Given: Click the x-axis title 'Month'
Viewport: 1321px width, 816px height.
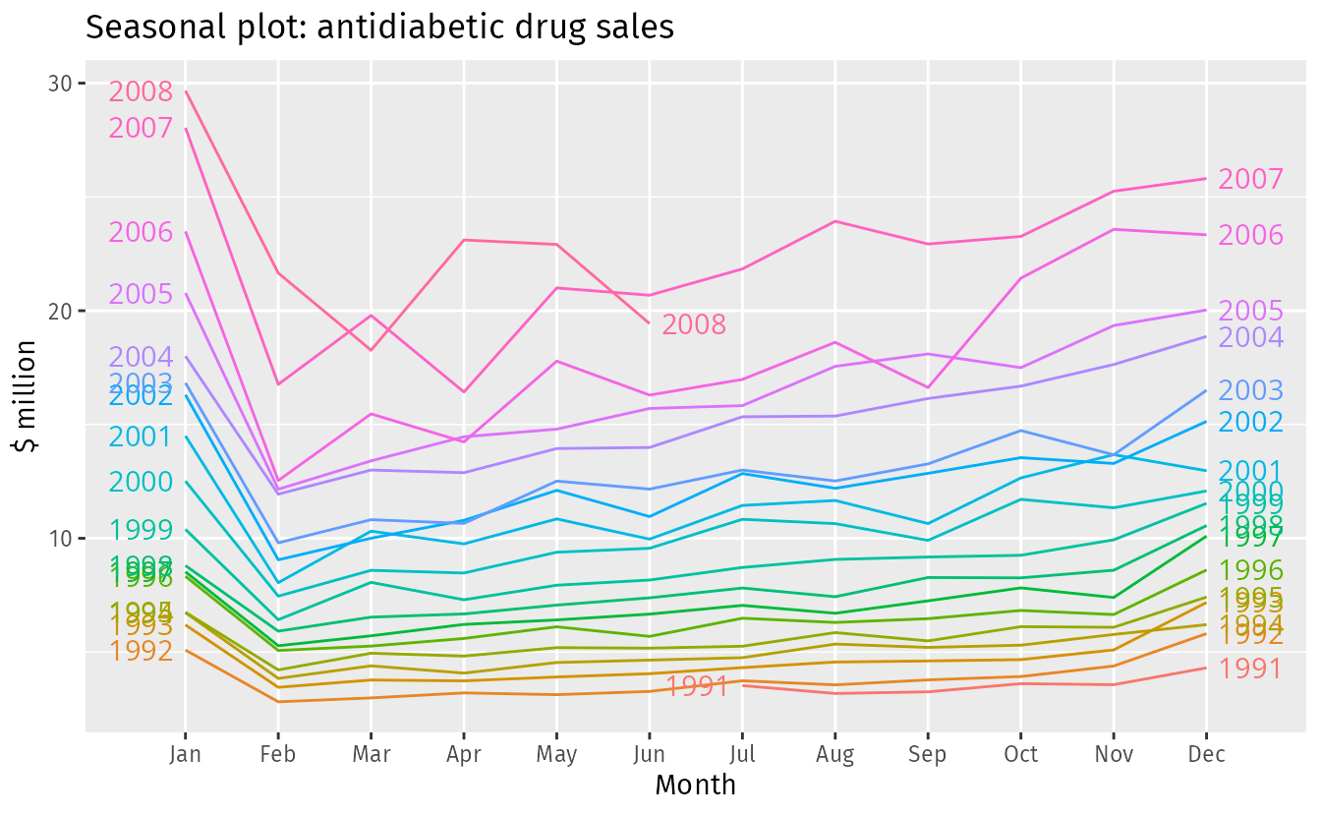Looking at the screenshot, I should pos(695,785).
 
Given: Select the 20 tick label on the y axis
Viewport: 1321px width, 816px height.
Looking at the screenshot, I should pos(62,311).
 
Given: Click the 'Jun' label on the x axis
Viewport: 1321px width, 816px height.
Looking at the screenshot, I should pos(649,755).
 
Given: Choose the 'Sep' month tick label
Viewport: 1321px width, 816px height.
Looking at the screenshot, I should pos(927,755).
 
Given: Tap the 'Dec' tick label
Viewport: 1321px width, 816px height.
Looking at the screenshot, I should pos(1206,755).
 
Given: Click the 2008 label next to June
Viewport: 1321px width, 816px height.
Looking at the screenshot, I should pos(694,325).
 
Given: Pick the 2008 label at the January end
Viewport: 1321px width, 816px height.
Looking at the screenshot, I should pos(141,92).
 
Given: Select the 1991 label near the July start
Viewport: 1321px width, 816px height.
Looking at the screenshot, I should pos(698,686).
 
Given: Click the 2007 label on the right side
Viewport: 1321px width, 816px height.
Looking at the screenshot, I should pos(1251,180).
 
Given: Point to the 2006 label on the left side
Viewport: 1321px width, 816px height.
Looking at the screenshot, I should pos(141,233).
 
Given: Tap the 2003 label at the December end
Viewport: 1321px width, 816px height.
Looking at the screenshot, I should pos(1251,391).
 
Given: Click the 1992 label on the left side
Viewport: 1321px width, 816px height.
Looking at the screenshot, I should pos(141,651).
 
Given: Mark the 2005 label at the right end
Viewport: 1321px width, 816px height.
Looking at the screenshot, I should pos(1251,312).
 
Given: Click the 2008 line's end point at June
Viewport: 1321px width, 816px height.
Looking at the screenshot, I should pos(649,322).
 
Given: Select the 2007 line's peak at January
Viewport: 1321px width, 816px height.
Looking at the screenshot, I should pos(185,129).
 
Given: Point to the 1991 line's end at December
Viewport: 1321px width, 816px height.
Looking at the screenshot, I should pos(1206,668).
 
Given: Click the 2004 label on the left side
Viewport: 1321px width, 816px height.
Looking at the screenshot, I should pos(141,358).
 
